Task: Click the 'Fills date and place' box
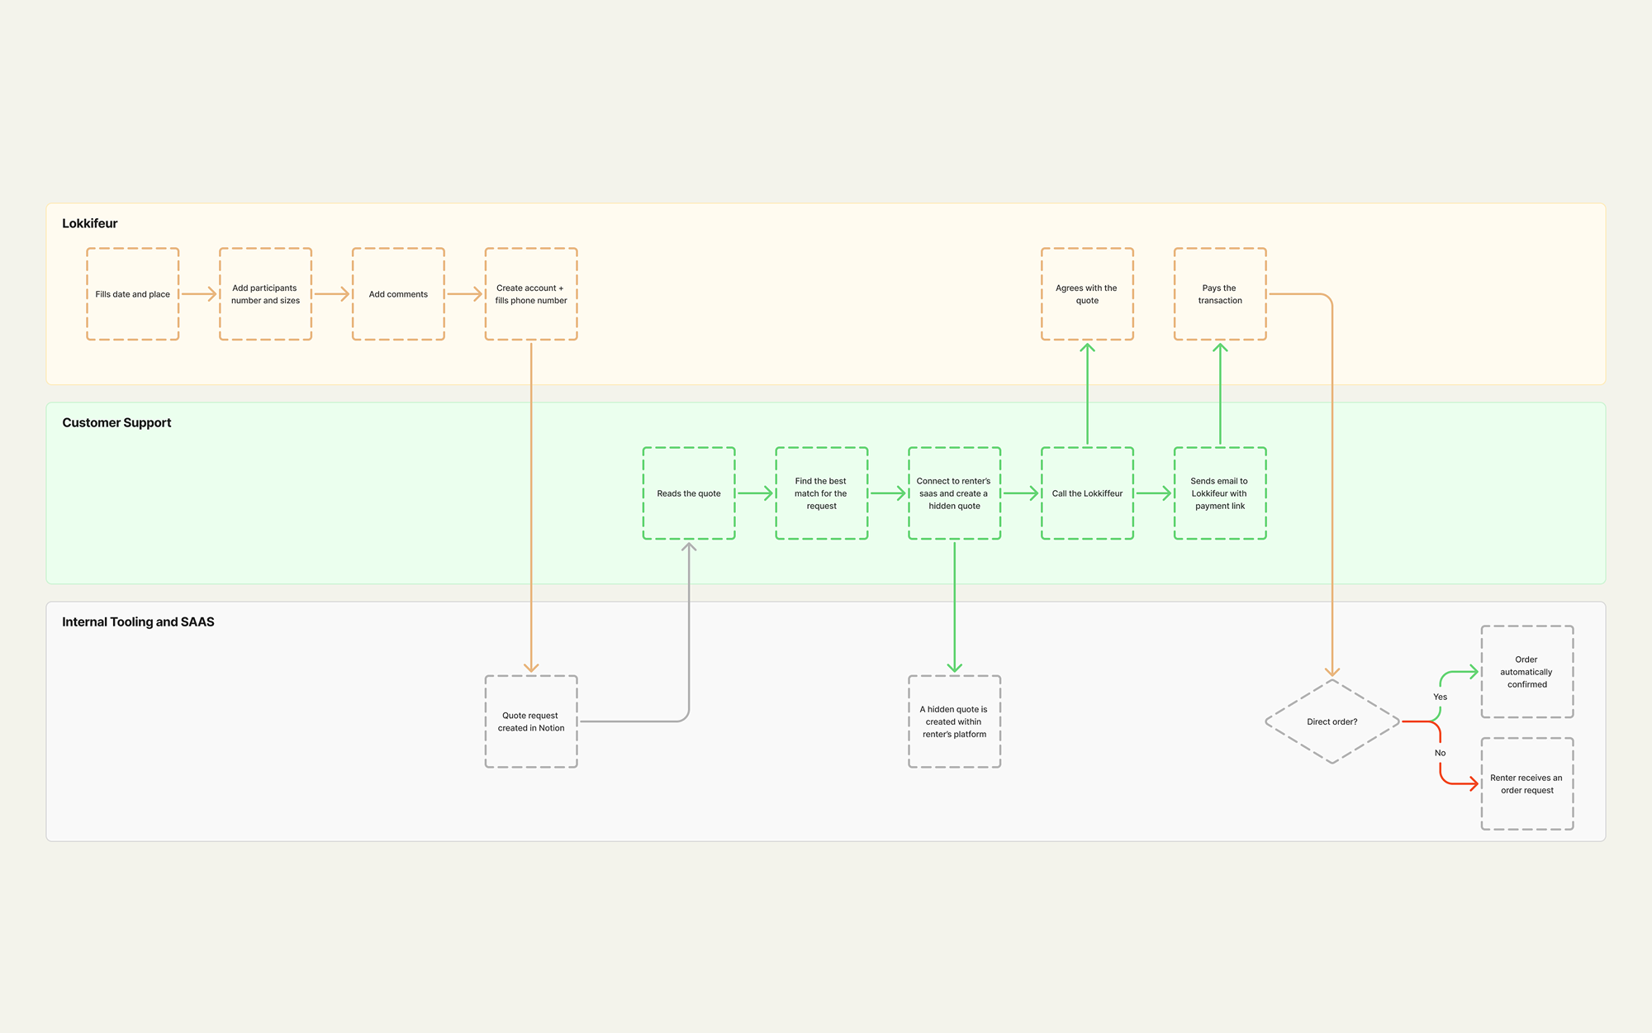point(133,294)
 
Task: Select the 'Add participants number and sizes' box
point(266,294)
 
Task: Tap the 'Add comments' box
point(399,294)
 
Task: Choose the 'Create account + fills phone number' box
point(531,294)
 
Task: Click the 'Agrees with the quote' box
point(1087,294)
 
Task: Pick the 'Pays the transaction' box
point(1220,294)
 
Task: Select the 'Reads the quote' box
point(689,493)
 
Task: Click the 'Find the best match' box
point(822,493)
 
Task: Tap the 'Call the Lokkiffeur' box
point(1087,493)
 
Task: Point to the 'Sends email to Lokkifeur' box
point(1220,493)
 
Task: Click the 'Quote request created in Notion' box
point(531,721)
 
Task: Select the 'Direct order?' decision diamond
point(1332,721)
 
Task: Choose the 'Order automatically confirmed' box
point(1527,672)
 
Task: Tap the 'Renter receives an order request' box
point(1527,784)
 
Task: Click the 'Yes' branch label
point(1440,697)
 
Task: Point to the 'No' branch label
point(1440,753)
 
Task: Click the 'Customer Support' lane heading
point(116,422)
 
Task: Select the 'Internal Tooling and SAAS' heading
point(138,621)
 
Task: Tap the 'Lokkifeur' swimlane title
point(90,223)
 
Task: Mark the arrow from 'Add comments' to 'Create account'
point(464,294)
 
